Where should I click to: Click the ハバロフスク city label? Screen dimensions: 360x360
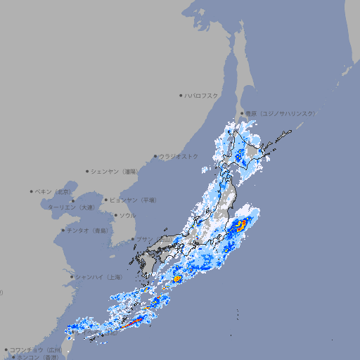pyautogui.click(x=202, y=95)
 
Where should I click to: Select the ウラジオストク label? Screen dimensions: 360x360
pyautogui.click(x=179, y=156)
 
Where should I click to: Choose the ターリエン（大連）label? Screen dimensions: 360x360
pyautogui.click(x=71, y=207)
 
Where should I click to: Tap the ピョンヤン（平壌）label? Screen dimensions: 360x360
pyautogui.click(x=133, y=200)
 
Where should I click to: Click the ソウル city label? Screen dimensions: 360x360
pyautogui.click(x=127, y=215)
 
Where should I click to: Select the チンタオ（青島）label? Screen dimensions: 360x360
pyautogui.click(x=87, y=230)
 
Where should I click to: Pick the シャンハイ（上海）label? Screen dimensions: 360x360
pyautogui.click(x=98, y=277)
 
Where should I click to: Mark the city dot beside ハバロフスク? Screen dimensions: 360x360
pyautogui.click(x=181, y=95)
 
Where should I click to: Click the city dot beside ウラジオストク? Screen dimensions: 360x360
pyautogui.click(x=155, y=156)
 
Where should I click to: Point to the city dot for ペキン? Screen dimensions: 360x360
pyautogui.click(x=32, y=191)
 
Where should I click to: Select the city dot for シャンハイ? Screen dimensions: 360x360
pyautogui.click(x=72, y=277)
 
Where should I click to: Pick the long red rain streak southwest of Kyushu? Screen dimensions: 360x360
pyautogui.click(x=134, y=323)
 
